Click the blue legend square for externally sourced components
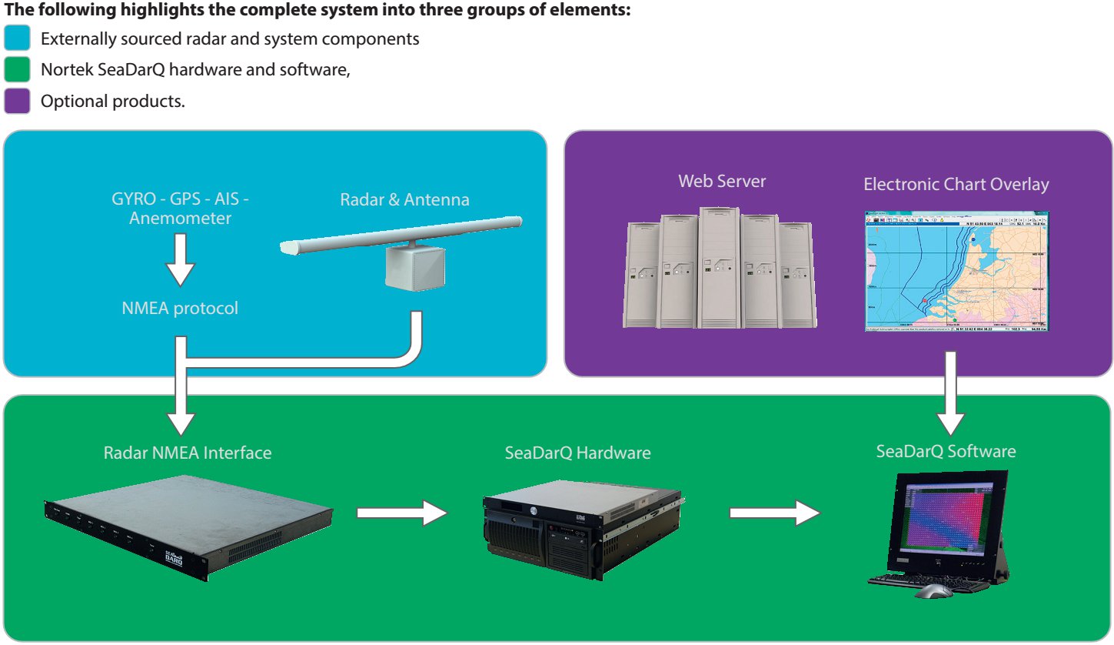point(17,38)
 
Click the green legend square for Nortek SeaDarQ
point(17,70)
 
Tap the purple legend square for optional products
point(17,101)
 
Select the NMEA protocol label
point(180,309)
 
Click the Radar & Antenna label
point(404,200)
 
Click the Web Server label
point(722,182)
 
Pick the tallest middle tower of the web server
point(719,266)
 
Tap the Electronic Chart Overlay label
point(956,185)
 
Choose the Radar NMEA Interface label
point(188,453)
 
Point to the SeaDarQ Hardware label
point(577,453)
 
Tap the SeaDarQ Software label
point(946,451)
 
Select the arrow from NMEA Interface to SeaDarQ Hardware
point(402,513)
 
